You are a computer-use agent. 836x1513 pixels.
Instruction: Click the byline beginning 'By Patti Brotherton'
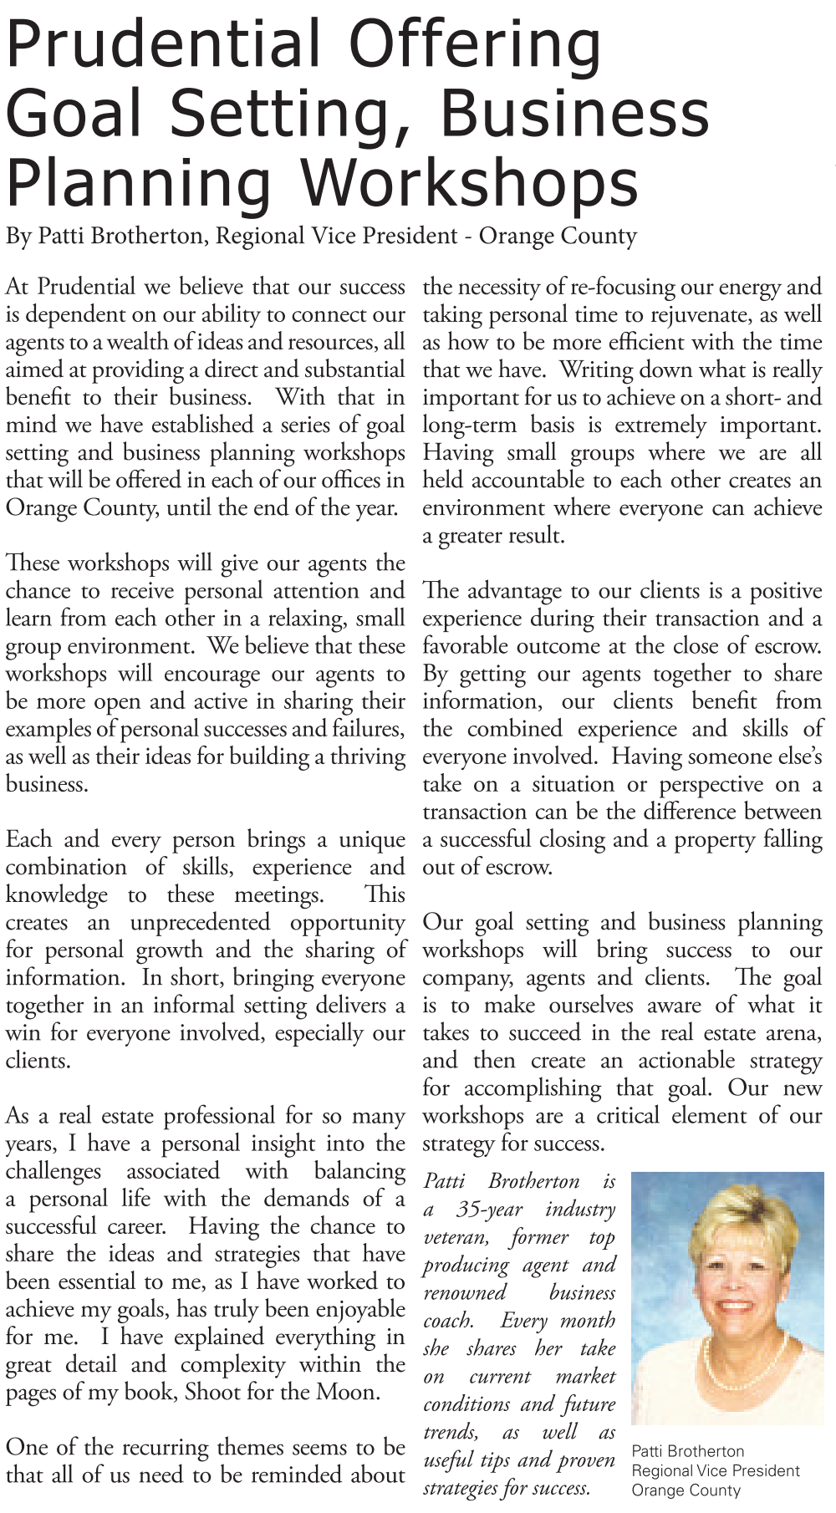point(321,237)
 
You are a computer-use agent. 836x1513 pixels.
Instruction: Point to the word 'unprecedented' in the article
point(200,923)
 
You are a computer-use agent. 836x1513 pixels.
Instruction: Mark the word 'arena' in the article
point(793,1033)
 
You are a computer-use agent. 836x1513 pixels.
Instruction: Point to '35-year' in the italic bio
point(490,1210)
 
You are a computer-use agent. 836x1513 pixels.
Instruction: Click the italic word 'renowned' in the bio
point(465,1292)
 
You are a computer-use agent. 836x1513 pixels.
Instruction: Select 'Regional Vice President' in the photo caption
point(716,1470)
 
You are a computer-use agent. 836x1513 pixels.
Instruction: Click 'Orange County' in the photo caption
point(686,1490)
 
